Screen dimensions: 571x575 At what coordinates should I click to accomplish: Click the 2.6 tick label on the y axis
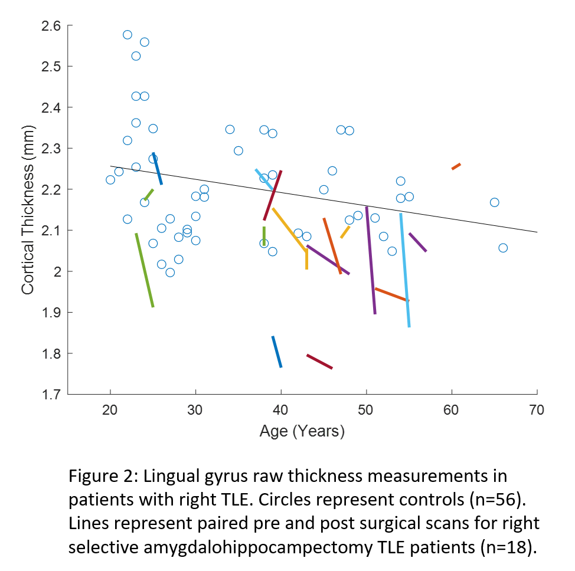[51, 26]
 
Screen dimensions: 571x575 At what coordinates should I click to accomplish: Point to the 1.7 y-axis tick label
[51, 395]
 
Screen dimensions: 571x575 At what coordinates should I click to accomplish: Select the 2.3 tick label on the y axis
[51, 149]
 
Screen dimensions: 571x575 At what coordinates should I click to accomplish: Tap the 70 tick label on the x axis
[537, 409]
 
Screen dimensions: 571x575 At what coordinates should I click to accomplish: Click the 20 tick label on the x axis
[110, 409]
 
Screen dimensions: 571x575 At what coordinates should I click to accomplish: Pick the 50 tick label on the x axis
[366, 409]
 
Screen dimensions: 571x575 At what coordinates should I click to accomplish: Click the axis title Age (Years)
[302, 432]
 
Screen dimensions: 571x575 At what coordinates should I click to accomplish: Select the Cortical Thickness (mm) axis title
[27, 210]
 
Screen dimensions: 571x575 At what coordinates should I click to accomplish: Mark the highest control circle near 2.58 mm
[128, 34]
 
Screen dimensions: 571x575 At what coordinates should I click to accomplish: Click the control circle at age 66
[503, 248]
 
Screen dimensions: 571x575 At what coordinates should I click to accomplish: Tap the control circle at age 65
[494, 202]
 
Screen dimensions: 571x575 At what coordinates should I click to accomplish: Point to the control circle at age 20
[110, 180]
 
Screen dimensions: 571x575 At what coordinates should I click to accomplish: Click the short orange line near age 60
[456, 166]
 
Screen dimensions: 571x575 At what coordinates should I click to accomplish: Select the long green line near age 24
[145, 270]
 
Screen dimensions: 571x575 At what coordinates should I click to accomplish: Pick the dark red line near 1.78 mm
[319, 362]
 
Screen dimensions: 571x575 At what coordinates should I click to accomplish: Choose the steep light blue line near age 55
[405, 270]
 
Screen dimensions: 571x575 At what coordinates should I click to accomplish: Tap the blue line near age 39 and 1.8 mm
[276, 352]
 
